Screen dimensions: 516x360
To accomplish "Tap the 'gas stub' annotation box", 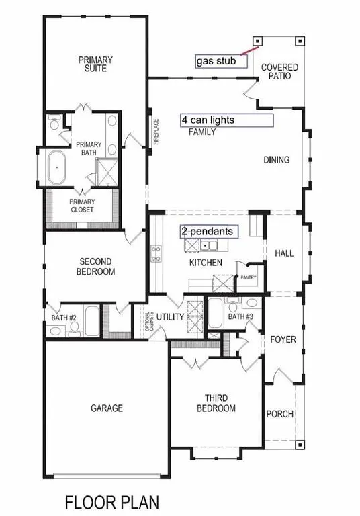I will point(221,61).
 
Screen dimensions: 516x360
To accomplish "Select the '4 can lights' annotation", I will point(226,120).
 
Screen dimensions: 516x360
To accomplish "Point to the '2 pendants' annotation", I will point(209,231).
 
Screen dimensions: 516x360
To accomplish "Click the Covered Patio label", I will point(279,73).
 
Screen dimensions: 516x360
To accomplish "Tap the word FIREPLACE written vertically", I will point(155,132).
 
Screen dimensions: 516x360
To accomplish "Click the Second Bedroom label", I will point(97,267).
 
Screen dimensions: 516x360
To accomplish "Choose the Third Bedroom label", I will point(216,403).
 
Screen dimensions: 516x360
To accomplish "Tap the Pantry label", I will point(249,277).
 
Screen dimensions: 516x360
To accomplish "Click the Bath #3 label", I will point(238,316).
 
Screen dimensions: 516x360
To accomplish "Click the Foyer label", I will point(283,339).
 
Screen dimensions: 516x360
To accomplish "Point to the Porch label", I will point(280,414).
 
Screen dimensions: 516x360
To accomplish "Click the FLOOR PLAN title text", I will point(111,501).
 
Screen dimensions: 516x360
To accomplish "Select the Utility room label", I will point(171,316).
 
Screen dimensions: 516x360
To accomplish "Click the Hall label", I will point(284,253).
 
